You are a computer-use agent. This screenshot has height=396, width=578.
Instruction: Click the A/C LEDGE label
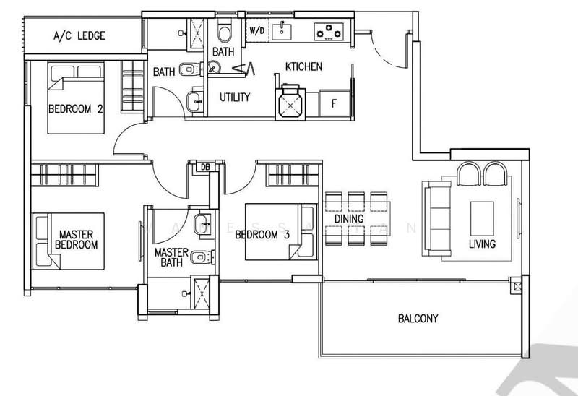[x=79, y=35]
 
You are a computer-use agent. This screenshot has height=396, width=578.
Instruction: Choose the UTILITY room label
[x=235, y=97]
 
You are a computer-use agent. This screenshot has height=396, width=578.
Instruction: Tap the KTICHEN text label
[x=303, y=66]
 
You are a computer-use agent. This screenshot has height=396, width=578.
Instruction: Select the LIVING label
[x=482, y=244]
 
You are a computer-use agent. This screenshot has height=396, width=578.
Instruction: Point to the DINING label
[x=348, y=218]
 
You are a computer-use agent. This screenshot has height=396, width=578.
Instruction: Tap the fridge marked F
[x=333, y=103]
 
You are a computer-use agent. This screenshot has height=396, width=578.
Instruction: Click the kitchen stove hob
[x=329, y=31]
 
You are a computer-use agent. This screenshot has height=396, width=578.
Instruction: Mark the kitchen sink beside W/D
[x=285, y=31]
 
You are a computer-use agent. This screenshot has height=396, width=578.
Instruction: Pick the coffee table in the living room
[x=482, y=215]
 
